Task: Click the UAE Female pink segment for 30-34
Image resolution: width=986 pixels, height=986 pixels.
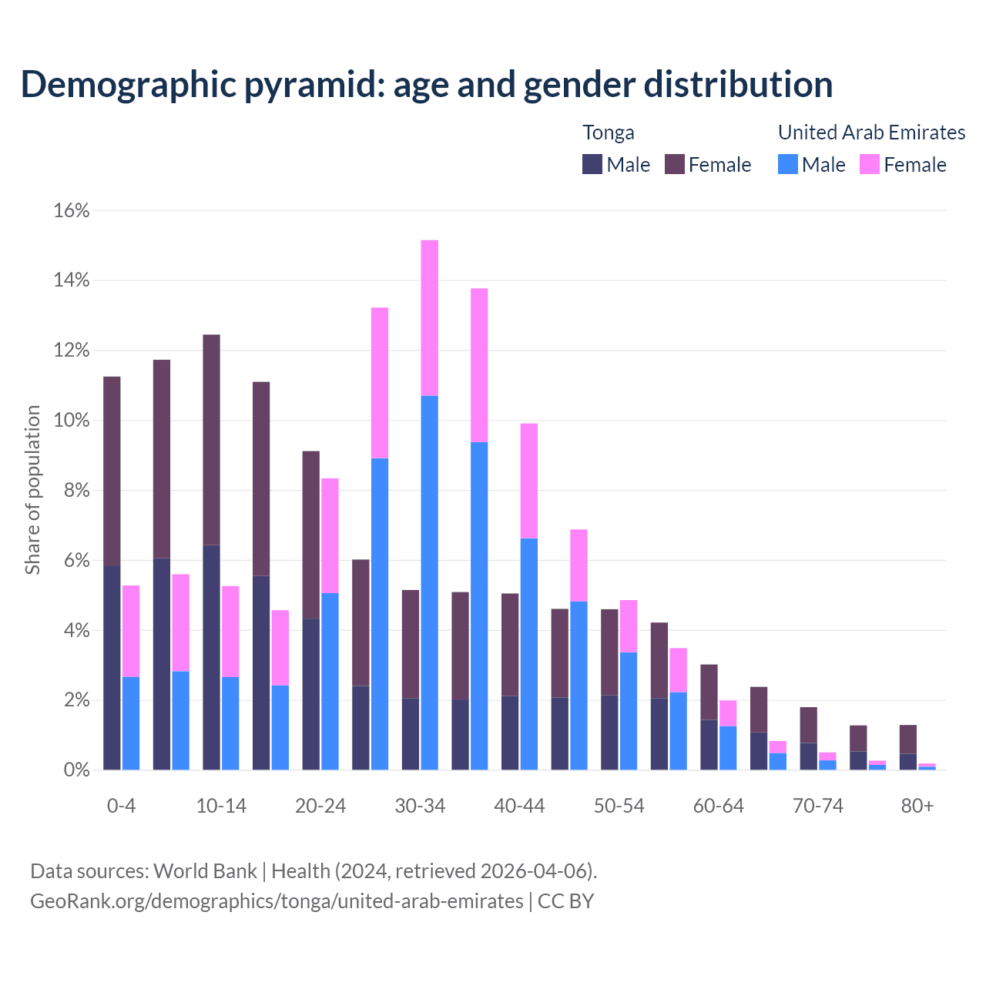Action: tap(430, 317)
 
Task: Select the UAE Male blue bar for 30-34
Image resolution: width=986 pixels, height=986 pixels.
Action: tap(430, 582)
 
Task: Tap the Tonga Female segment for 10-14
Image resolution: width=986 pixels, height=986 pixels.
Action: tap(211, 439)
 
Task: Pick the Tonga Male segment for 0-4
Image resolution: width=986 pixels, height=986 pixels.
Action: tap(112, 667)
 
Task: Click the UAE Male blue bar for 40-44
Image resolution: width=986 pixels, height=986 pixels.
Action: tap(529, 653)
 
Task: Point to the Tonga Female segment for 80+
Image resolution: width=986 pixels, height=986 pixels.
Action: tap(907, 739)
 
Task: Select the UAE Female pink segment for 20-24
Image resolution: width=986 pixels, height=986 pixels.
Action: tap(330, 535)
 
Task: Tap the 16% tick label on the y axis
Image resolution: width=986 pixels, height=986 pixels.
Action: tap(72, 210)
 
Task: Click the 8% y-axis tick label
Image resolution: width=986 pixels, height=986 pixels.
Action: tap(75, 491)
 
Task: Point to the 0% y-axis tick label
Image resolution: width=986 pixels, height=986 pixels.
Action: tap(75, 770)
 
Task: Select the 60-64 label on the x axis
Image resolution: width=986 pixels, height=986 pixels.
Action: tap(719, 806)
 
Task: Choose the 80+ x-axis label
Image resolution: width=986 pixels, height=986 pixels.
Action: tap(917, 806)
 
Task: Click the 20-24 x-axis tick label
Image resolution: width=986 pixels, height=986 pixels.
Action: tap(320, 806)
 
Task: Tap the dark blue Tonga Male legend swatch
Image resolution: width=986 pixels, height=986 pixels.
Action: tap(592, 164)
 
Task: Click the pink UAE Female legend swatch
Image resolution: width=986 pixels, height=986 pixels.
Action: tap(870, 164)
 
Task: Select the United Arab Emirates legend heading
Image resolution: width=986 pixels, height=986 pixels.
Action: tap(871, 132)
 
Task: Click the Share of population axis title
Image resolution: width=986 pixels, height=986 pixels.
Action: tap(33, 490)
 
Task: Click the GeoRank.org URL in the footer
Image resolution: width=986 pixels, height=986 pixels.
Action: tap(277, 900)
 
